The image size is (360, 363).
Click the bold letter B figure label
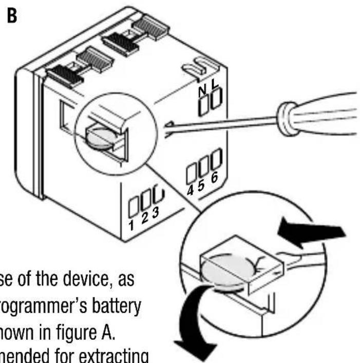coord(12,16)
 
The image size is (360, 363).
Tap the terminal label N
coord(202,93)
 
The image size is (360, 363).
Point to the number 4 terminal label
coord(191,190)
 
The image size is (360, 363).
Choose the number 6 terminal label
coord(214,177)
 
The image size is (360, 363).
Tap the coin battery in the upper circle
coord(100,138)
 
